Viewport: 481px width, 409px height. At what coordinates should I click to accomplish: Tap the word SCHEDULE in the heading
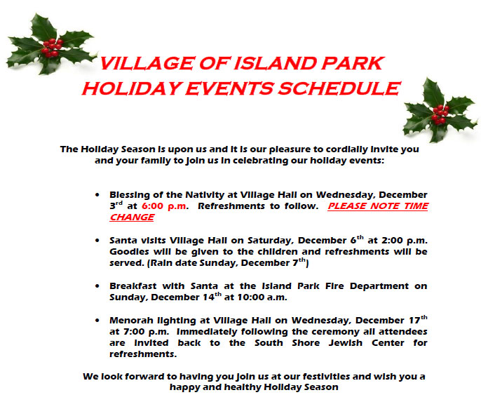[x=339, y=88]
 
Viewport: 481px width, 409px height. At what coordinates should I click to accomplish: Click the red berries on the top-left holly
[x=52, y=48]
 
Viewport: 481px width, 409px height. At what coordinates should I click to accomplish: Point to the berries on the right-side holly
[x=440, y=114]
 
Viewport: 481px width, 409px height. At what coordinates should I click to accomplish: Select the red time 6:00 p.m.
[x=164, y=206]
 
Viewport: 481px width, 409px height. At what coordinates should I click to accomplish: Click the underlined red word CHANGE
[x=132, y=217]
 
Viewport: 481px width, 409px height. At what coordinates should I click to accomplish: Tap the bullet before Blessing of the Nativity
[x=97, y=194]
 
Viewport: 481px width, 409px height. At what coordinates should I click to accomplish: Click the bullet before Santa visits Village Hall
[x=97, y=240]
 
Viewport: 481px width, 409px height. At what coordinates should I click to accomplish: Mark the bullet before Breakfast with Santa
[x=97, y=286]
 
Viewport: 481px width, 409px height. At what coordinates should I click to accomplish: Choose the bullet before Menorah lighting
[x=97, y=321]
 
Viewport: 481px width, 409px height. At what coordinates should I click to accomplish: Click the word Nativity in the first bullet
[x=205, y=195]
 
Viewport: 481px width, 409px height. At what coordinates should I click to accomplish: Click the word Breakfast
[x=133, y=286]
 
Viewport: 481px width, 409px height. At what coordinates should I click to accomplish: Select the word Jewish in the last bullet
[x=346, y=343]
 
